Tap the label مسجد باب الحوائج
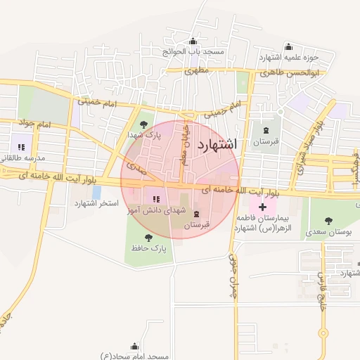(193, 52)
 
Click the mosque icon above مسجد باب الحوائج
(193, 41)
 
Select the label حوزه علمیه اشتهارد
(289, 57)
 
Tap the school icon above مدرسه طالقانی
(22, 146)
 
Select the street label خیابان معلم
(185, 143)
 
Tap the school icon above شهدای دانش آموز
(155, 199)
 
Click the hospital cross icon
(262, 207)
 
